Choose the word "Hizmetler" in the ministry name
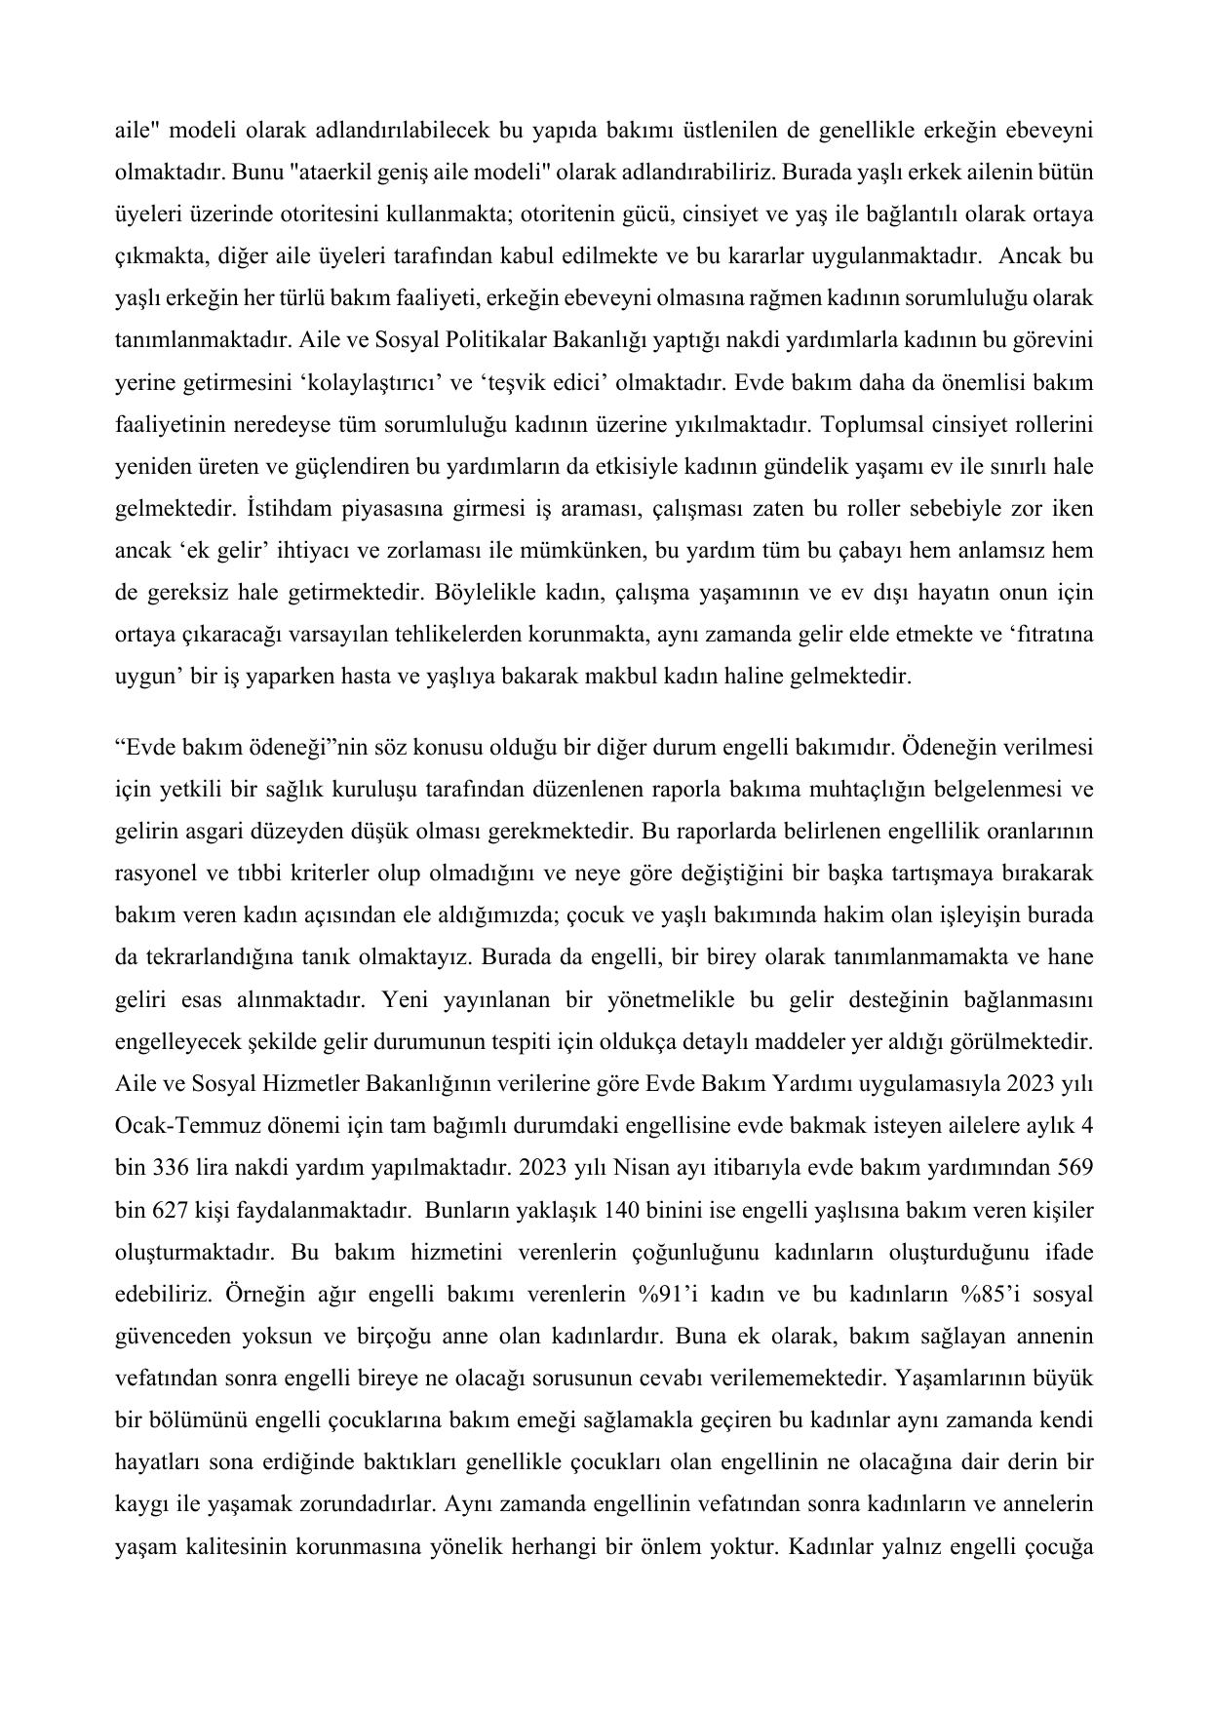pyautogui.click(x=312, y=1083)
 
